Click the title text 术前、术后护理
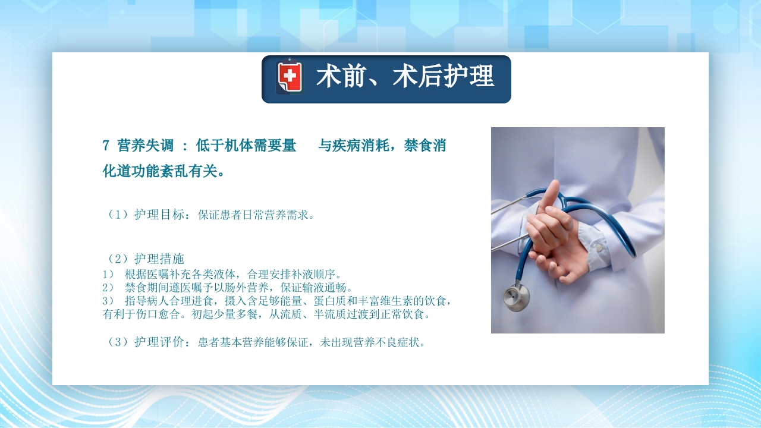405,78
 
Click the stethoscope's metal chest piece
515,297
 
